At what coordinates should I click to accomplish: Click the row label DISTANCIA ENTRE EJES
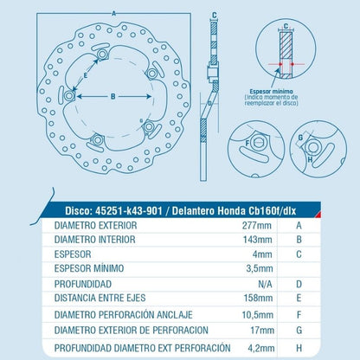point(100,299)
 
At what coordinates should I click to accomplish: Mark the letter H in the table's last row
point(299,345)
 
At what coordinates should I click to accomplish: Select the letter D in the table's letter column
point(299,284)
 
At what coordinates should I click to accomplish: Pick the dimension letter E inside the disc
point(85,76)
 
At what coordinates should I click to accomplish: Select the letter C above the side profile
point(213,14)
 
